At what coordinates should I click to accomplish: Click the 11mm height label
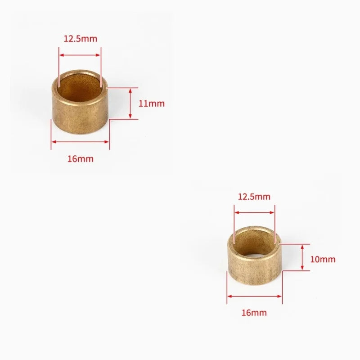152,104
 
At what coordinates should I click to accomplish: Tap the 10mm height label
323,260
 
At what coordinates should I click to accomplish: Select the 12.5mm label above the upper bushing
81,39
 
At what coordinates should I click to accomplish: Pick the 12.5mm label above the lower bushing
254,197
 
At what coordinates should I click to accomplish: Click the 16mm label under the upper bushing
81,159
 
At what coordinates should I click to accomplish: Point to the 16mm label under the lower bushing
254,313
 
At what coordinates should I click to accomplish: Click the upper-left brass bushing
80,102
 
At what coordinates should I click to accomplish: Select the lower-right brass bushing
254,256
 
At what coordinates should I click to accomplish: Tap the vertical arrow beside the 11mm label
130,103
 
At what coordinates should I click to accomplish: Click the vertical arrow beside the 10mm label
302,257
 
